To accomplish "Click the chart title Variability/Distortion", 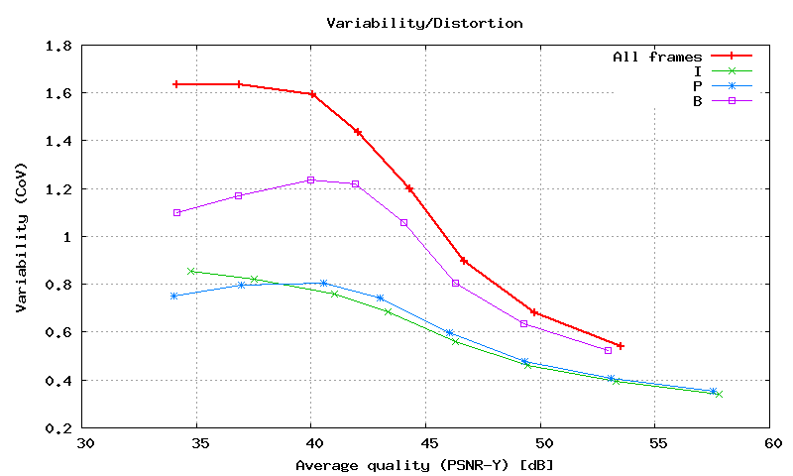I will tap(424, 21).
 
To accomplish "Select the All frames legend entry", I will tap(657, 57).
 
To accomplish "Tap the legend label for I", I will tap(698, 70).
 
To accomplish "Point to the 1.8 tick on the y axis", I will tap(58, 46).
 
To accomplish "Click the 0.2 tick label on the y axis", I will tap(58, 428).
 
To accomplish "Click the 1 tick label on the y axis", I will tap(67, 237).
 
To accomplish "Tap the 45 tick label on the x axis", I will tap(426, 443).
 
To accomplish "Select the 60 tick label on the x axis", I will tap(769, 443).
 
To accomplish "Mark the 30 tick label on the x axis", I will tap(85, 443).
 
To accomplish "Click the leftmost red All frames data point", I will tap(176, 84).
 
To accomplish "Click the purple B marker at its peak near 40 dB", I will tap(311, 179).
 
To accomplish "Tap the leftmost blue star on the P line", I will tap(173, 296).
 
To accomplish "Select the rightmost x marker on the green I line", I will tap(719, 394).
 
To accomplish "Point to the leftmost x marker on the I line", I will tap(192, 271).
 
